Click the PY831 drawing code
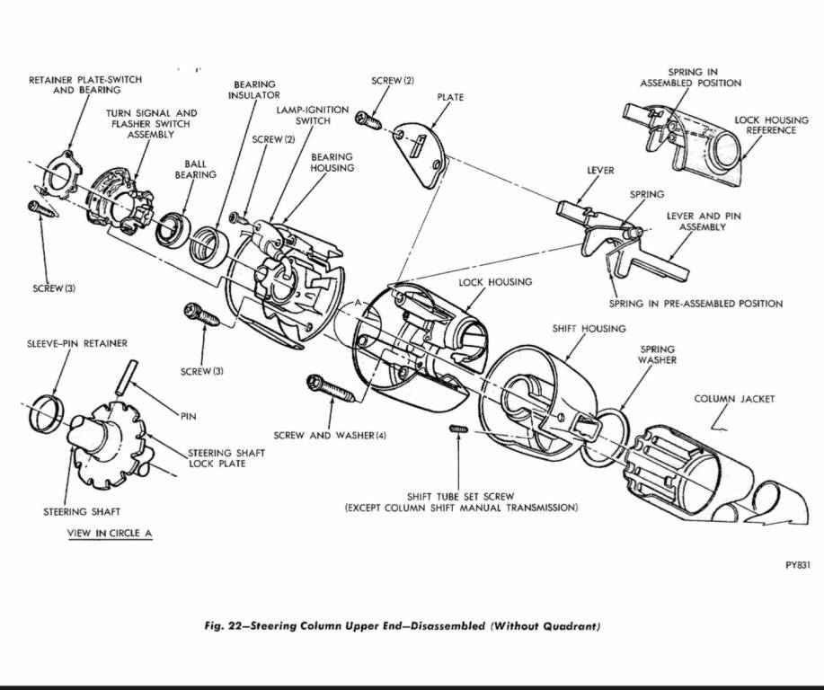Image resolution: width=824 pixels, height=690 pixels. tap(797, 566)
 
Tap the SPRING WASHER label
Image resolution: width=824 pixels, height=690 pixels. tap(658, 355)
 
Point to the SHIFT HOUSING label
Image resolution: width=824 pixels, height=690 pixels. tap(589, 329)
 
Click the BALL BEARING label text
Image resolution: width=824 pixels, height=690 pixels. tap(195, 169)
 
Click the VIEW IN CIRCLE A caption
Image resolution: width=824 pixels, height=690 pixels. tap(110, 533)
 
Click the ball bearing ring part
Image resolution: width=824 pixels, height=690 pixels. tap(172, 228)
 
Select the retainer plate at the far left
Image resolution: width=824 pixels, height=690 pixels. tap(58, 174)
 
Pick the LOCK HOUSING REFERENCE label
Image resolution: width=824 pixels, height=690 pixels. tap(765, 125)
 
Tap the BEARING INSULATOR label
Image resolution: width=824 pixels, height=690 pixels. tap(254, 89)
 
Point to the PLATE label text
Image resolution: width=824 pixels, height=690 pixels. tap(450, 97)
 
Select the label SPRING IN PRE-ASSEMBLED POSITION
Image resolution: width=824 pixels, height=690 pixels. tap(695, 304)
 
